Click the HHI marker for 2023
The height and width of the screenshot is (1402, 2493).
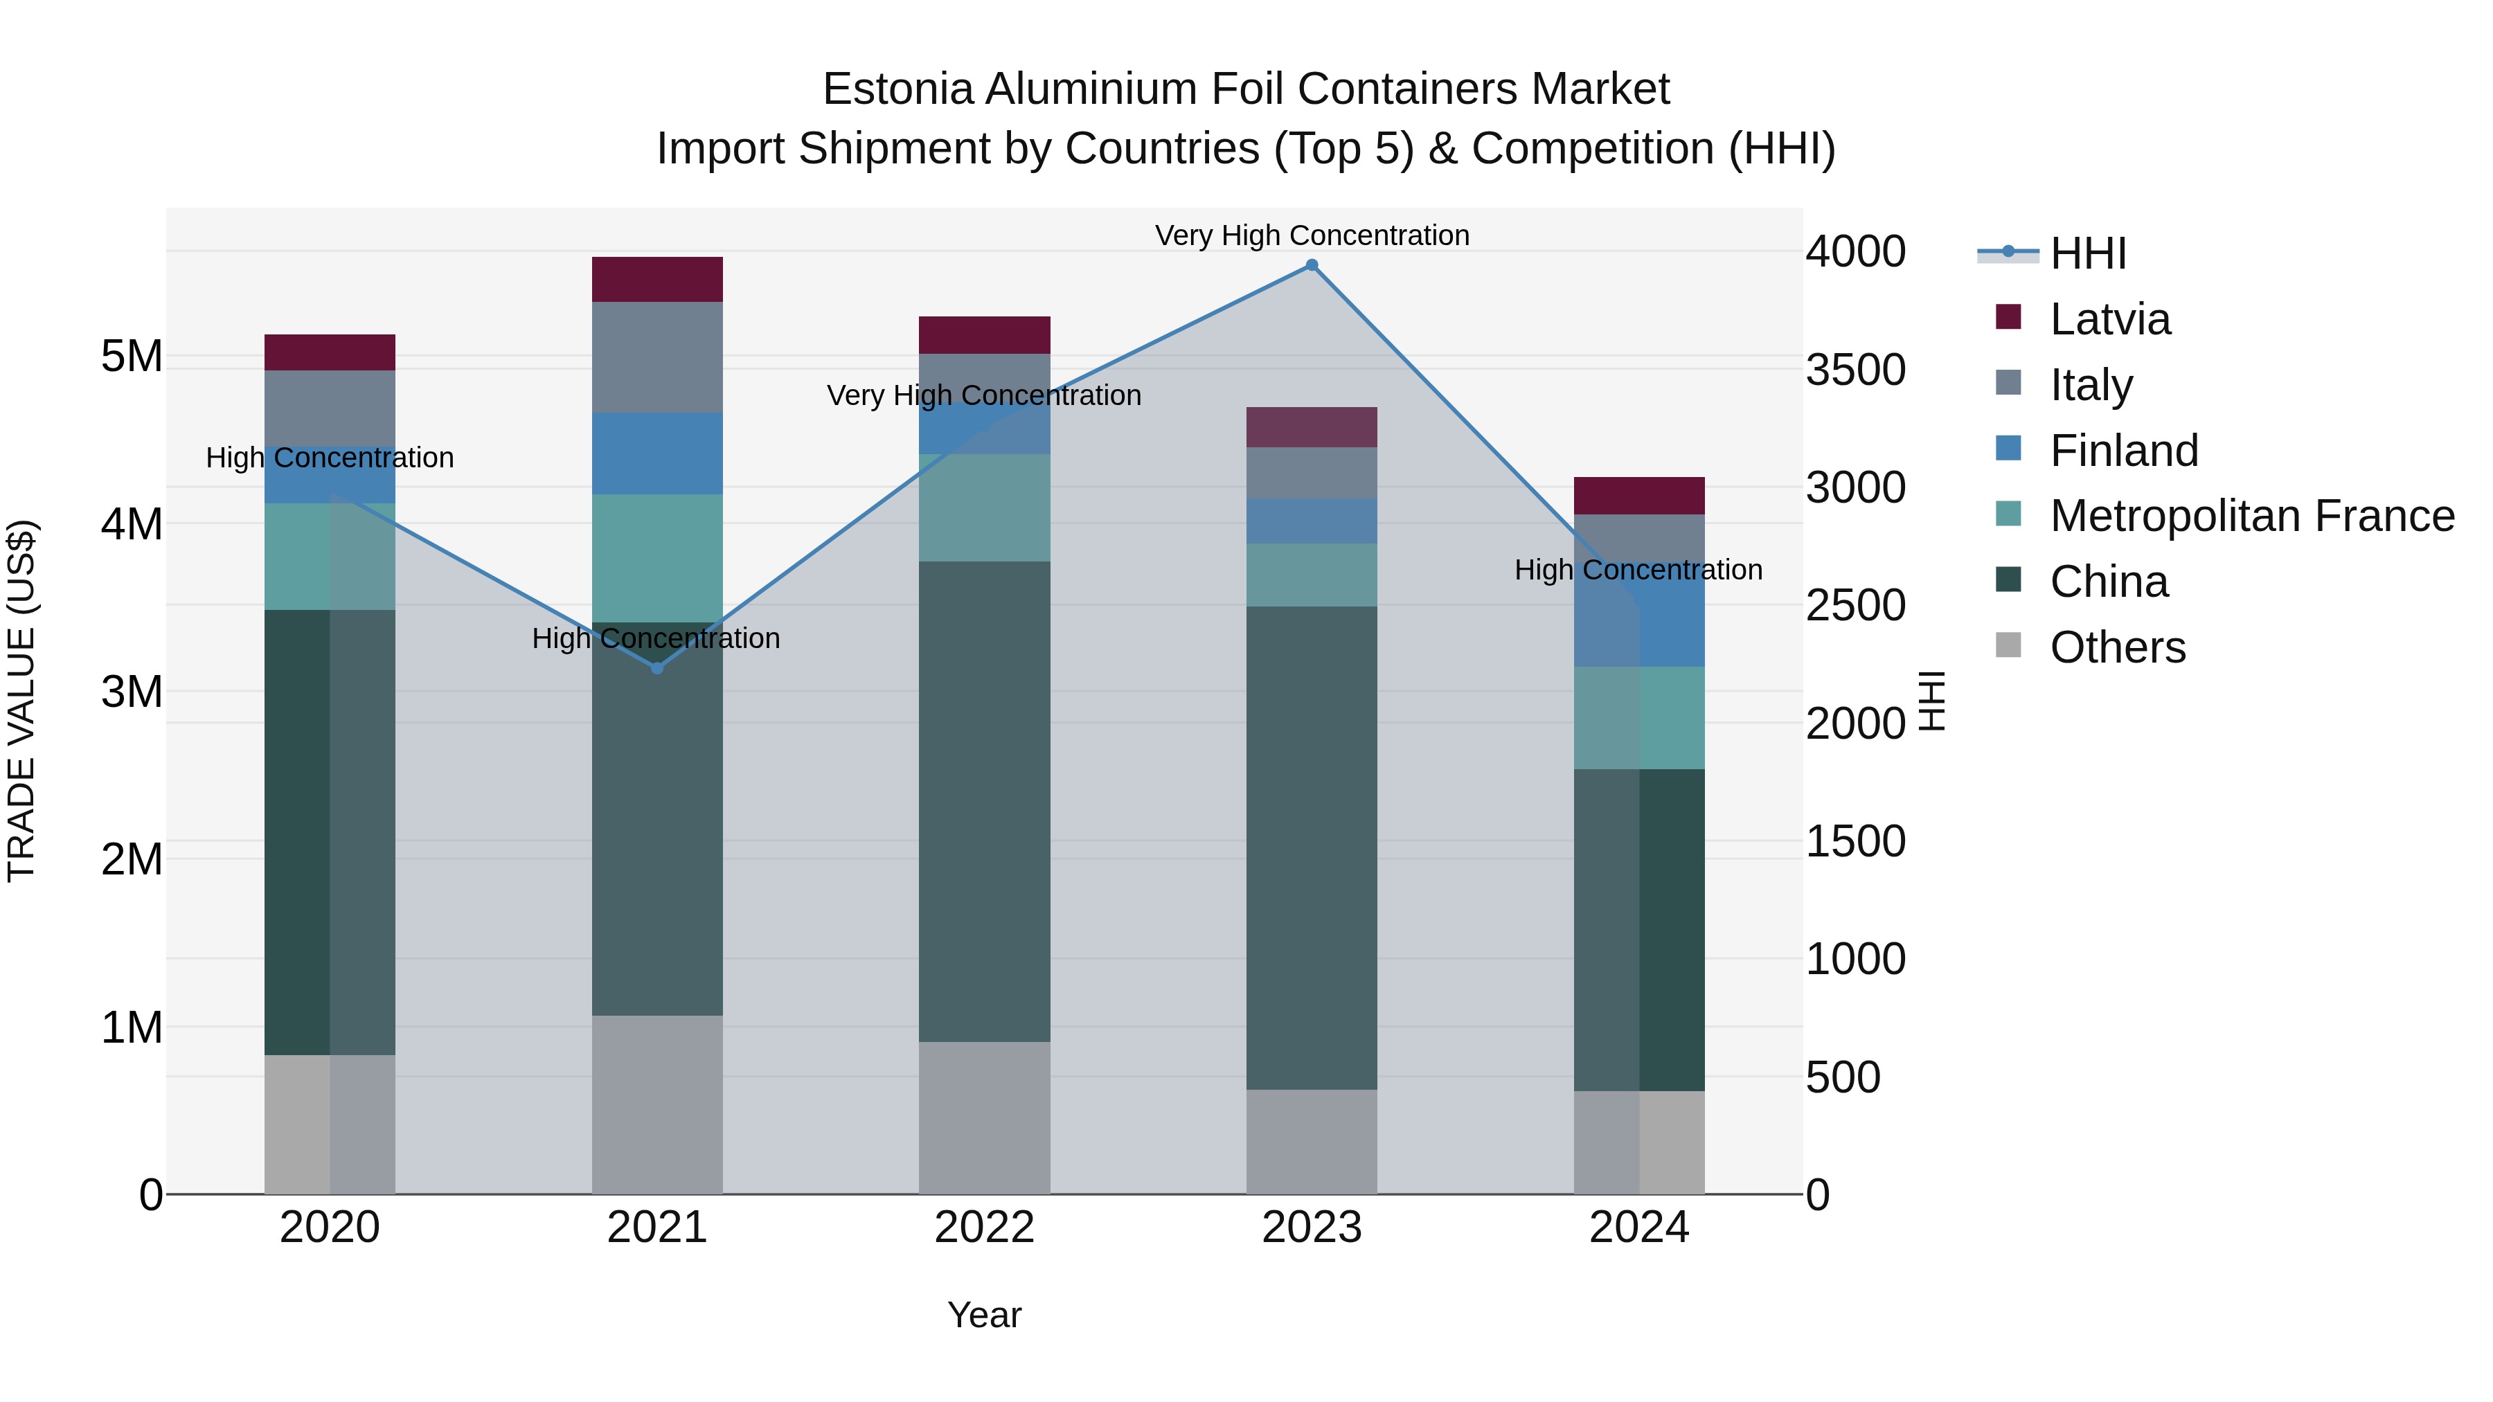click(1312, 265)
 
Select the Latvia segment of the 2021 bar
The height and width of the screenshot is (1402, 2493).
click(657, 280)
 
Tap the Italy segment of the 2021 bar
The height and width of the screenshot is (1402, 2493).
click(657, 357)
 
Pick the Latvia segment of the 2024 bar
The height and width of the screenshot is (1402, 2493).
click(1638, 496)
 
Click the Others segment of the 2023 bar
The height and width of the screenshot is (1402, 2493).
click(1312, 1142)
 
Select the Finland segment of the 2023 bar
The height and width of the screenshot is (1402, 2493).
click(1312, 521)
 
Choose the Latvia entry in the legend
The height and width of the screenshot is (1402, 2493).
click(2110, 319)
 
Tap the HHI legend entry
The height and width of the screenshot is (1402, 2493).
click(2087, 253)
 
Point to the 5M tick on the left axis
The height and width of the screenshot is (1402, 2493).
click(132, 356)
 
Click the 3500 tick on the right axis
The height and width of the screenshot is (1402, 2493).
click(1855, 370)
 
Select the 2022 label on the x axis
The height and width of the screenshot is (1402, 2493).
click(984, 1228)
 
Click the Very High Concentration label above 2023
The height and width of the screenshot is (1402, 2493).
click(1312, 235)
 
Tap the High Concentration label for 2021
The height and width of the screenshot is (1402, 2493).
click(656, 638)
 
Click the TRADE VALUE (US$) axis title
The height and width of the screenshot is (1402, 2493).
click(21, 701)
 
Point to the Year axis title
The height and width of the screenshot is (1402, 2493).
click(984, 1315)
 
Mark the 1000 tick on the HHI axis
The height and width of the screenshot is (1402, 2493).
click(1855, 959)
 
